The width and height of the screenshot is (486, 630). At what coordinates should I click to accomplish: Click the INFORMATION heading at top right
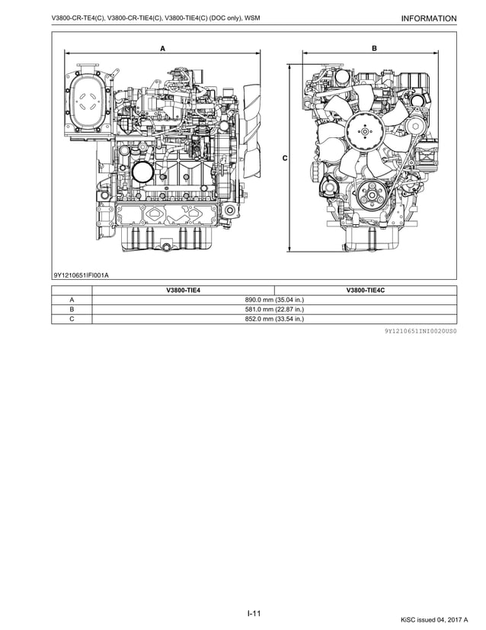click(427, 18)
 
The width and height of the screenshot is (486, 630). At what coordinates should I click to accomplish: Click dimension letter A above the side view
click(162, 47)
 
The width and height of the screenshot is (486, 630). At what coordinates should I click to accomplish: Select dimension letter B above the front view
click(374, 47)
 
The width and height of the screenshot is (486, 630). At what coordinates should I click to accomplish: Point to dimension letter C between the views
click(284, 158)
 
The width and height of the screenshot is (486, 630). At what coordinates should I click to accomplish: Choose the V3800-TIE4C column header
click(366, 291)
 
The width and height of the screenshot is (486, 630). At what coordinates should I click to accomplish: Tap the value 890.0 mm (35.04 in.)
click(274, 301)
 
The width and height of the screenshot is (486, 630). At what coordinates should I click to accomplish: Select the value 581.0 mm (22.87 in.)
click(274, 310)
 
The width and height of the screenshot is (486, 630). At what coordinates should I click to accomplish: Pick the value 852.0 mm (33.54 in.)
click(274, 320)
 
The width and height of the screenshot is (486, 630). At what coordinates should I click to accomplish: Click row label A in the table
click(72, 301)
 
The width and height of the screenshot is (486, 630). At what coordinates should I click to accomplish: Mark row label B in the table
click(72, 310)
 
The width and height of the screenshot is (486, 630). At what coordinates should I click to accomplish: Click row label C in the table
click(72, 320)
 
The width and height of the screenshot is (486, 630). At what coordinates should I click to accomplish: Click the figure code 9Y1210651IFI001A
click(81, 275)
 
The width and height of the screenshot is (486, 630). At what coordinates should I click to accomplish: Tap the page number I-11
click(254, 613)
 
